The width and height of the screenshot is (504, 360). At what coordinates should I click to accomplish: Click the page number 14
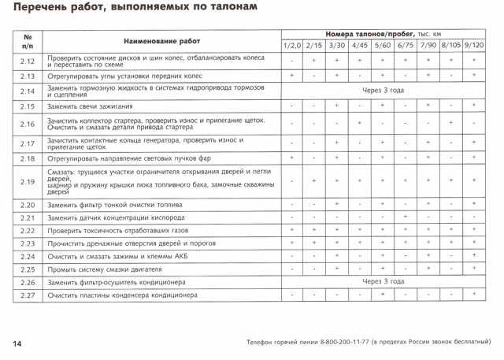tap(17, 344)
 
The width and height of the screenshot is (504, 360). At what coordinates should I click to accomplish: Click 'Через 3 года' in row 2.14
tap(384, 90)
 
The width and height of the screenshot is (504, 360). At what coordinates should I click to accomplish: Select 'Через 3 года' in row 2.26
tap(384, 281)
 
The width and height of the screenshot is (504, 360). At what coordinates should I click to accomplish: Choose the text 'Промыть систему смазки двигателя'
tap(108, 269)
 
